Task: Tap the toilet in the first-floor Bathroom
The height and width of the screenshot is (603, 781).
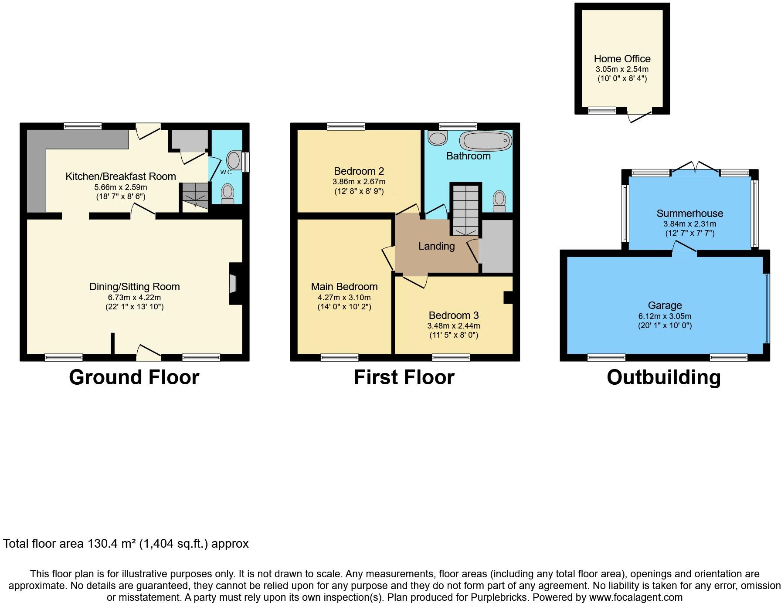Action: (x=499, y=201)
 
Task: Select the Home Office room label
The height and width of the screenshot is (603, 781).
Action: (x=622, y=59)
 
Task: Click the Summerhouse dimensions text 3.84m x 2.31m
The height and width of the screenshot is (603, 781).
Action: (x=689, y=224)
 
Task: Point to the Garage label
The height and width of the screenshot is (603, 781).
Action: (x=664, y=305)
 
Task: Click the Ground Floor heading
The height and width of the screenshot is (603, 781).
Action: (x=134, y=377)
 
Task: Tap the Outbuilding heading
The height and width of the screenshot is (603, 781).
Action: (x=663, y=377)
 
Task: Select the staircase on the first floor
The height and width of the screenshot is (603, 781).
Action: (x=465, y=209)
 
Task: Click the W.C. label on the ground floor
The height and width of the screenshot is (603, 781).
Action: (x=227, y=172)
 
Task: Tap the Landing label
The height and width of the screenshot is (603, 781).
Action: (x=436, y=246)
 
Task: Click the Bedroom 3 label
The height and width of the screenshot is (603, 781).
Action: (x=453, y=315)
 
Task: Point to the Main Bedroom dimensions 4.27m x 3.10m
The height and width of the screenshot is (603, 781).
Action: (x=344, y=298)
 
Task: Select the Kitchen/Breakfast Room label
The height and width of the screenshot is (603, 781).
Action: (x=121, y=176)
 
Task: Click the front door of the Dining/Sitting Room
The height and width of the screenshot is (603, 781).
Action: (x=149, y=352)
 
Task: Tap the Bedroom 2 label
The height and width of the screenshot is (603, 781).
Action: (x=359, y=171)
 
